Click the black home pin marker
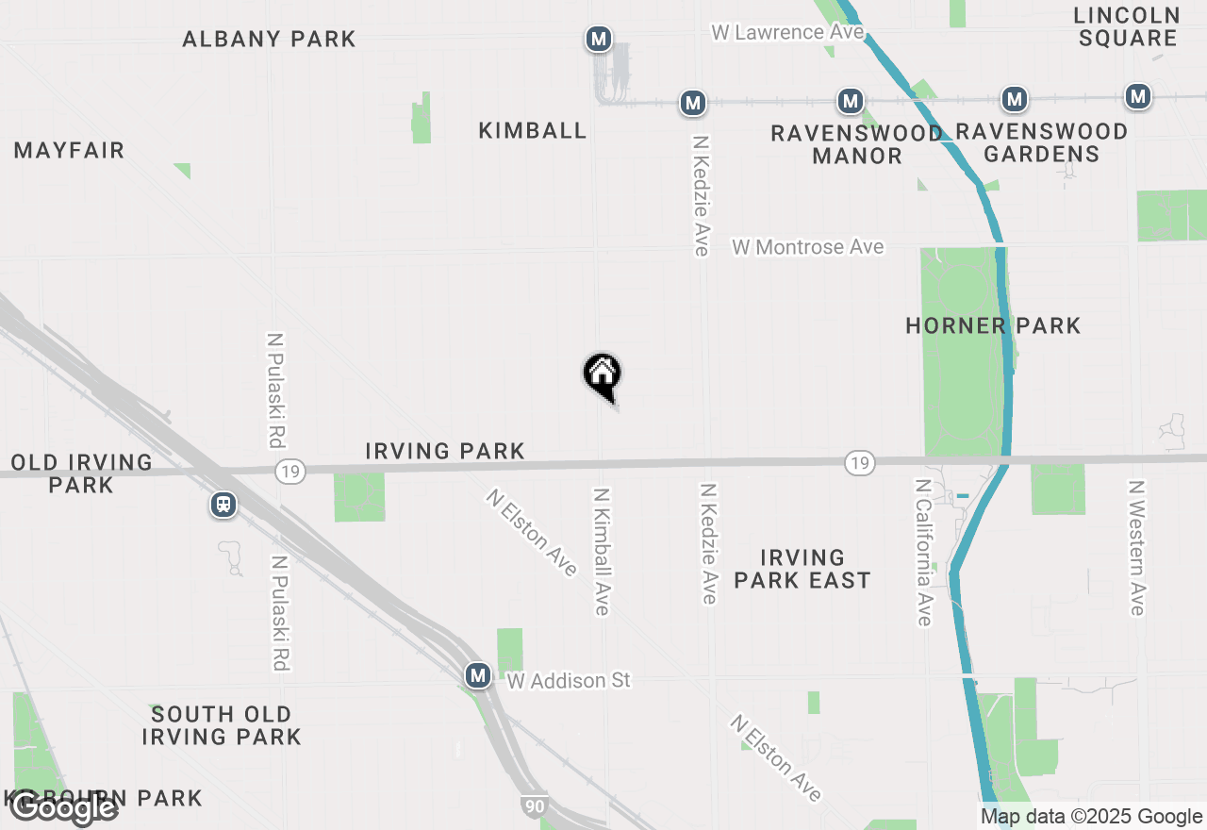pyautogui.click(x=602, y=374)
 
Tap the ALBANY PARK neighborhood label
pyautogui.click(x=269, y=39)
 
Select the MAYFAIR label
pyautogui.click(x=69, y=150)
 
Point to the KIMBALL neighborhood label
pyautogui.click(x=533, y=130)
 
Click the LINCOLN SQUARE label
pyautogui.click(x=1127, y=26)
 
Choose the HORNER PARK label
pyautogui.click(x=993, y=325)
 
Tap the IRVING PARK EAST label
pyautogui.click(x=802, y=569)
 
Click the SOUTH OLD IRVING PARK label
pyautogui.click(x=222, y=725)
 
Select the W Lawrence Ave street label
pyautogui.click(x=787, y=32)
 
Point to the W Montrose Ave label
pyautogui.click(x=808, y=247)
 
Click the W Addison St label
pyautogui.click(x=569, y=680)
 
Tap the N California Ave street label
pyautogui.click(x=923, y=552)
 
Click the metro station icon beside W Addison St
pyautogui.click(x=478, y=675)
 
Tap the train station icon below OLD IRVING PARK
pyautogui.click(x=223, y=505)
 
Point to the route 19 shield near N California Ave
pyautogui.click(x=860, y=462)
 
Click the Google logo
pyautogui.click(x=64, y=807)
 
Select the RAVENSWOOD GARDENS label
pyautogui.click(x=1041, y=142)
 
